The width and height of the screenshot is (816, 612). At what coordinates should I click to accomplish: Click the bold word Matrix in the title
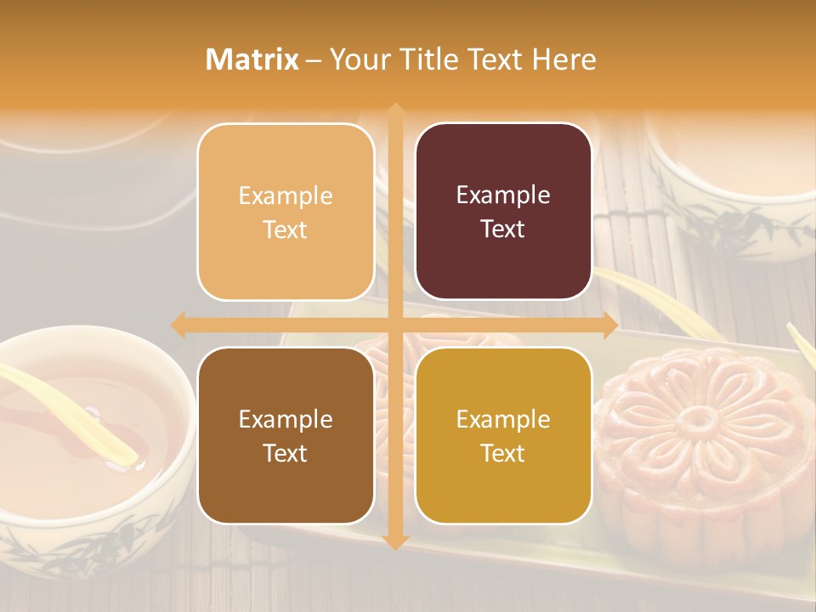[252, 59]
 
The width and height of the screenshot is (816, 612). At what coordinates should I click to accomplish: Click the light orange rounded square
[286, 212]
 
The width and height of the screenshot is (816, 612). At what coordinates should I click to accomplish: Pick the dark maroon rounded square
[503, 211]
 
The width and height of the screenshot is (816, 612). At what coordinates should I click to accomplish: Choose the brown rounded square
[286, 435]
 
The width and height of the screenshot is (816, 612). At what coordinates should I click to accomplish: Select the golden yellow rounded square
[503, 435]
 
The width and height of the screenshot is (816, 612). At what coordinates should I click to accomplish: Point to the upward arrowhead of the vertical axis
[394, 110]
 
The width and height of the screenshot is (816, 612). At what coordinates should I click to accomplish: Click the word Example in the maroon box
[503, 195]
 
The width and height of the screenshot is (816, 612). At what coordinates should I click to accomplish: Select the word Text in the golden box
[503, 453]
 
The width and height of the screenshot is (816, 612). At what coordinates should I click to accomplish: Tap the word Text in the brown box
[286, 453]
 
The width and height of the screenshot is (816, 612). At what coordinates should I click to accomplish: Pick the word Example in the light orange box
[286, 195]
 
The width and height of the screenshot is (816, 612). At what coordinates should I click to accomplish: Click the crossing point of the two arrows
[394, 325]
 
